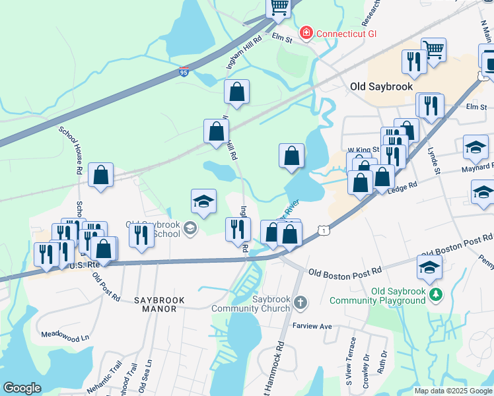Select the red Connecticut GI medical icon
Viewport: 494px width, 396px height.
306,32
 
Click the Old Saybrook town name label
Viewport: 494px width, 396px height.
381,86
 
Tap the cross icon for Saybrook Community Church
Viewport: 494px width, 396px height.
300,302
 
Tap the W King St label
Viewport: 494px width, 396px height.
363,150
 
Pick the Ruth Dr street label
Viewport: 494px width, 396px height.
382,363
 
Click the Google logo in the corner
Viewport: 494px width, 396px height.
22,388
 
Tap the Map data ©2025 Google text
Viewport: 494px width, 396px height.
452,391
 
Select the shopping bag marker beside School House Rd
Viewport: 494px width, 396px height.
101,176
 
